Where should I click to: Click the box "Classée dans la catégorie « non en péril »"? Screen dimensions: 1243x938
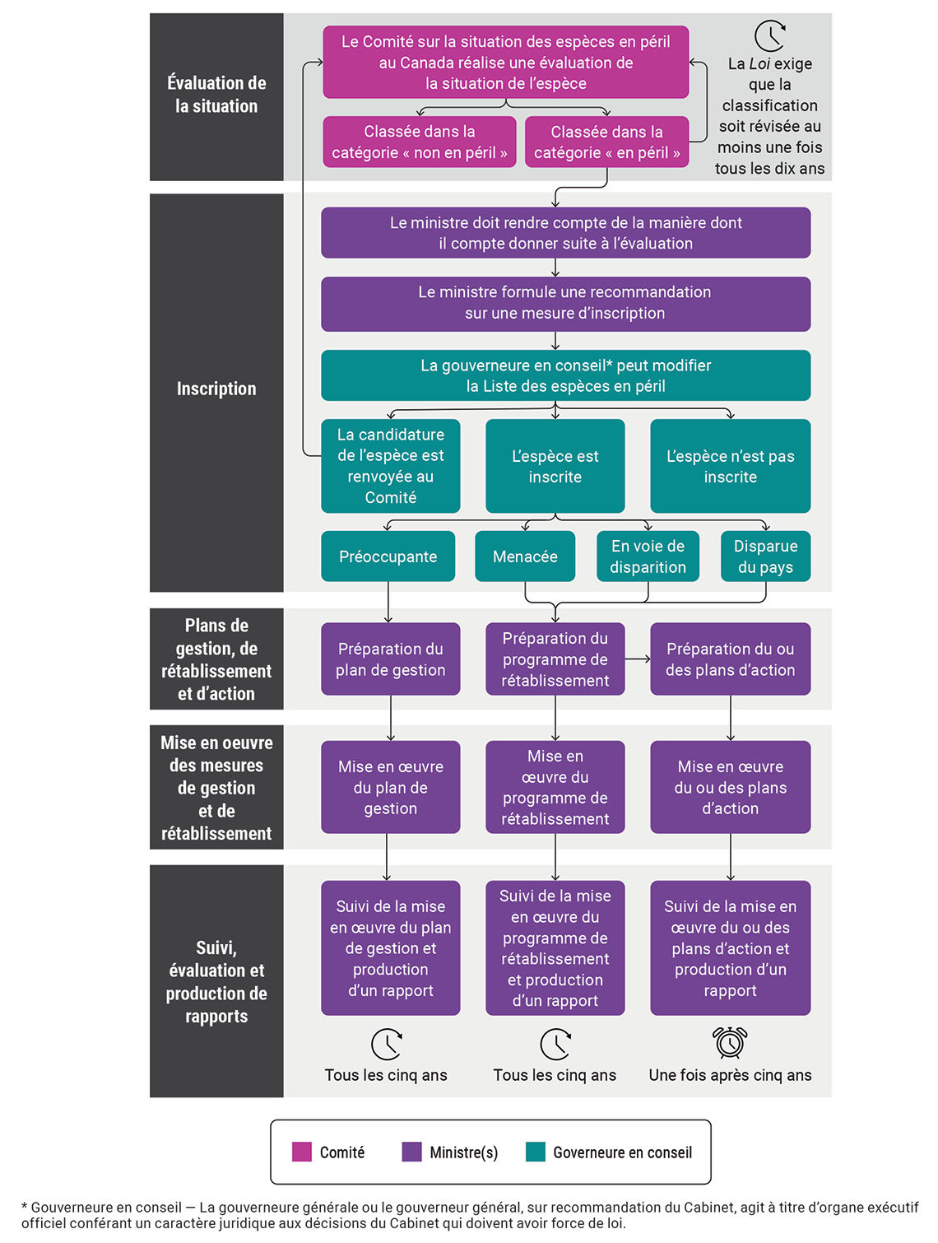click(419, 142)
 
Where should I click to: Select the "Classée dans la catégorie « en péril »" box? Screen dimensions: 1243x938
click(606, 142)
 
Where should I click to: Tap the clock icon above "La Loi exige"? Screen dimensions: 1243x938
click(770, 36)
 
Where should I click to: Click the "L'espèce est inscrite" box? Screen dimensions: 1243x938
click(555, 466)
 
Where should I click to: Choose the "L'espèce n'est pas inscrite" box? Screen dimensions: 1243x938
click(730, 466)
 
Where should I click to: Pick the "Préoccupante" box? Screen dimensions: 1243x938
click(388, 556)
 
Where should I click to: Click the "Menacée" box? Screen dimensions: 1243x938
click(525, 556)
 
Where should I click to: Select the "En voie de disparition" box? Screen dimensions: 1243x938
click(648, 556)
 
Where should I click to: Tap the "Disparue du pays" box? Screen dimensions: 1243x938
click(765, 556)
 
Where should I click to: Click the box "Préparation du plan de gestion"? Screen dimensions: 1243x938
click(390, 659)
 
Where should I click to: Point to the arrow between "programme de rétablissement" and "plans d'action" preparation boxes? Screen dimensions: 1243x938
click(638, 659)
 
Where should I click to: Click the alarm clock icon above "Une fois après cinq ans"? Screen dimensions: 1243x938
click(730, 1042)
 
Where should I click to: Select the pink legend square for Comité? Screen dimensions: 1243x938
click(302, 1152)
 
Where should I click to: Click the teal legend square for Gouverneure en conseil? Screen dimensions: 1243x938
click(536, 1152)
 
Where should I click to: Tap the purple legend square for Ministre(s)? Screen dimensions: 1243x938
click(411, 1152)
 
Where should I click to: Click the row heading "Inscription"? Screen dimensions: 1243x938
click(216, 389)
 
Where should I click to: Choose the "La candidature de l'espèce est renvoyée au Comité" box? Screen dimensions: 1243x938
click(390, 466)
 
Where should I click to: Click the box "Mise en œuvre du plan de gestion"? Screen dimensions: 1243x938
click(390, 787)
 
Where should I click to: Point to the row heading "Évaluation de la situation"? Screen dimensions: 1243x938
click(216, 95)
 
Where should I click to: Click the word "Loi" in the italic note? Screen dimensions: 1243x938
click(759, 64)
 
